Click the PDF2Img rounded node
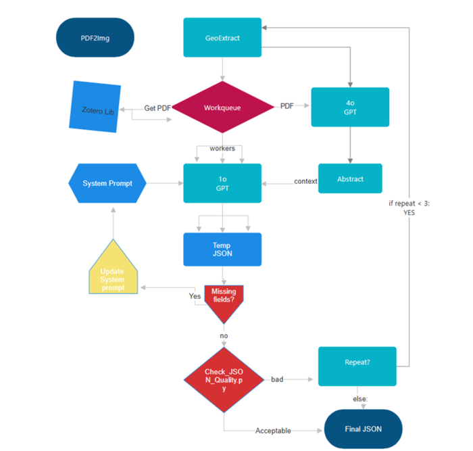[x=95, y=37]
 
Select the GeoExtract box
[x=222, y=37]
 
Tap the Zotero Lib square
[x=95, y=107]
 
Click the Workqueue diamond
[x=222, y=107]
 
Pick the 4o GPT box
[x=350, y=107]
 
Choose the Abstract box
[x=350, y=179]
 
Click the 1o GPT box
[x=222, y=183]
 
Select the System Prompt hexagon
[x=107, y=183]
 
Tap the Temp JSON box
[x=222, y=250]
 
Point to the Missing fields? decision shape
[x=224, y=302]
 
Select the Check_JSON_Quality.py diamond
[x=224, y=380]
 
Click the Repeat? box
[x=357, y=366]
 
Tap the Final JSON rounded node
[x=364, y=429]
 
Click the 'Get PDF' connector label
[x=157, y=108]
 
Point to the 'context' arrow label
[x=305, y=181]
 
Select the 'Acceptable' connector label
[x=273, y=431]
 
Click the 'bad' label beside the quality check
[x=277, y=379]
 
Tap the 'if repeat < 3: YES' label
[x=409, y=208]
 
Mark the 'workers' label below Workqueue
[x=222, y=148]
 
